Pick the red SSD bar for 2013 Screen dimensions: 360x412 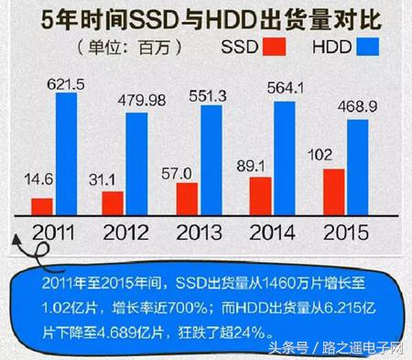(x=187, y=196)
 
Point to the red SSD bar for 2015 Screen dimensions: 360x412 (x=334, y=190)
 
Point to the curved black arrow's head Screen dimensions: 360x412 (x=19, y=237)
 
